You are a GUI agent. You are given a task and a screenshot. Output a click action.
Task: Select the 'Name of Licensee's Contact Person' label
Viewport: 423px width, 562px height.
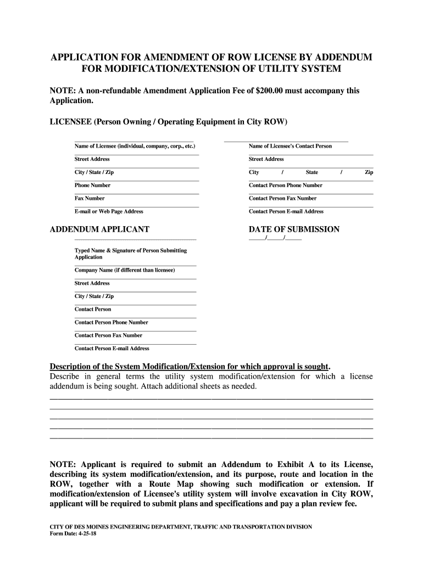(290, 147)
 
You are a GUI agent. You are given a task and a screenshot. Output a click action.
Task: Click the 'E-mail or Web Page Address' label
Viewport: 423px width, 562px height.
(109, 211)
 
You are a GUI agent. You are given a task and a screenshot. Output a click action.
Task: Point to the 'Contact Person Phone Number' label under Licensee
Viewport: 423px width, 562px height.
(285, 186)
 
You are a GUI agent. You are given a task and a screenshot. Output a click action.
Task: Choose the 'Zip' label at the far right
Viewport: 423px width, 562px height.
(369, 172)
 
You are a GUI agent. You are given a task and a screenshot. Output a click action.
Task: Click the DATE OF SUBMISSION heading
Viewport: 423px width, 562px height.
(294, 229)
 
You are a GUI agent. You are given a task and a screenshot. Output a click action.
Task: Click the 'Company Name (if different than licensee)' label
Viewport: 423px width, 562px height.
(125, 270)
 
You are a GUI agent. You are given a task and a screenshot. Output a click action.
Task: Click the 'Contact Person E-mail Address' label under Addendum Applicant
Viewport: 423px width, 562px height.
(112, 349)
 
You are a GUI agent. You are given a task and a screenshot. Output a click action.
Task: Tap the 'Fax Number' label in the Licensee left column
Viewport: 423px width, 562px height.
(90, 199)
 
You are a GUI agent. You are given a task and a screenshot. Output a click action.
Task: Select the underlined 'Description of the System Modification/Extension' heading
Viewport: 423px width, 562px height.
(190, 366)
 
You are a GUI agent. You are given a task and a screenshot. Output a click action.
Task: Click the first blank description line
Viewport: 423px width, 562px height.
(211, 398)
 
